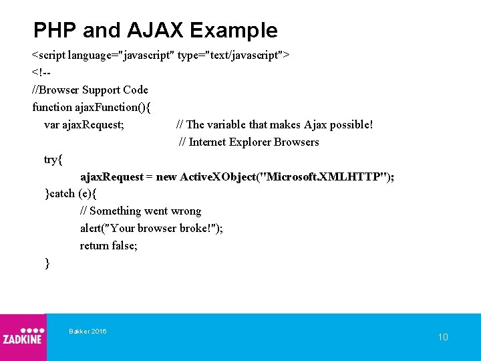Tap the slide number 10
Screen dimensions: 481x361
(x=443, y=337)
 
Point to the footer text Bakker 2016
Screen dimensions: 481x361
(x=88, y=332)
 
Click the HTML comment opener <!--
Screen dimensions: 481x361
(x=42, y=72)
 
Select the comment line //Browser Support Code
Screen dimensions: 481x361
(x=90, y=90)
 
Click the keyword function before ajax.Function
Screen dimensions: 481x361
(x=51, y=107)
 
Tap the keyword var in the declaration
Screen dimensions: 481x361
(x=51, y=124)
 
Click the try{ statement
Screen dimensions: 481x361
(x=53, y=159)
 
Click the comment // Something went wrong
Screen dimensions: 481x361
(x=140, y=211)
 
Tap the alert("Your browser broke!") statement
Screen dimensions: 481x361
(x=151, y=229)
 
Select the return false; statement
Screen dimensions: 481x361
(x=109, y=246)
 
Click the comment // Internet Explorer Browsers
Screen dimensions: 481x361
(x=249, y=142)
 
